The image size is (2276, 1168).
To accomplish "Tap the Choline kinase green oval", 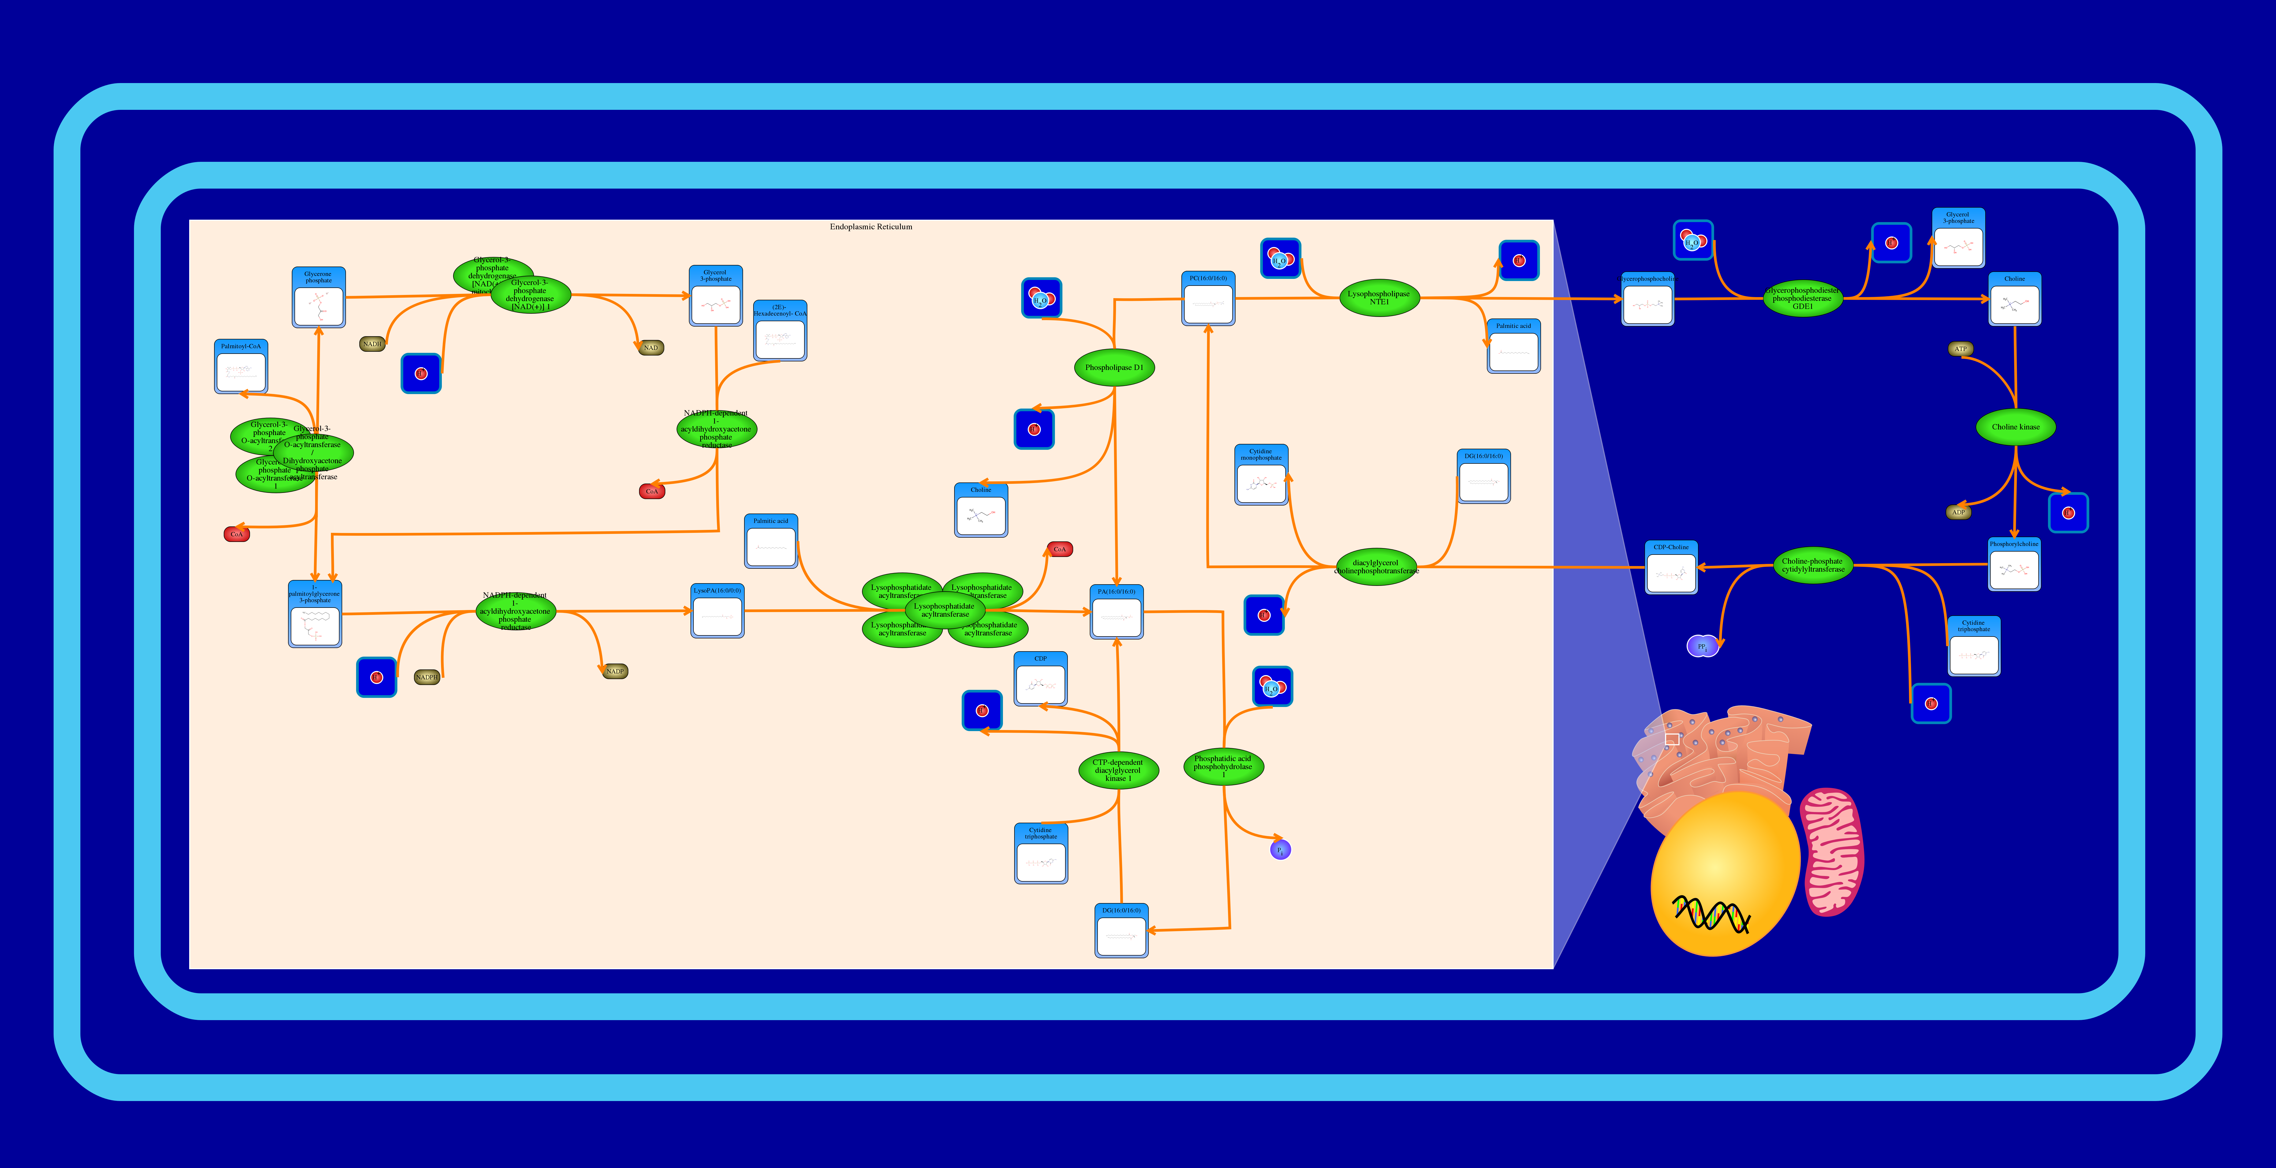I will (2015, 427).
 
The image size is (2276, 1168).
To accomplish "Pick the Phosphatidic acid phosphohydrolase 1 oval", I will (1223, 765).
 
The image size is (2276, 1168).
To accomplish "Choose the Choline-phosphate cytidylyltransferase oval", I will (1812, 566).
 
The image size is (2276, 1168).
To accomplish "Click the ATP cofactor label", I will (1961, 349).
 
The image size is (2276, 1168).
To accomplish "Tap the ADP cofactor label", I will (1958, 512).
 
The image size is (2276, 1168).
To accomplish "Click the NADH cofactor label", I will (372, 344).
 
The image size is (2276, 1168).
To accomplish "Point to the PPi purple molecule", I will (1702, 646).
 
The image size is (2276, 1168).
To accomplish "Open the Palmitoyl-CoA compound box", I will (240, 367).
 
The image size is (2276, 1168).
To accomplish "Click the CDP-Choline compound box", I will (1671, 568).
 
